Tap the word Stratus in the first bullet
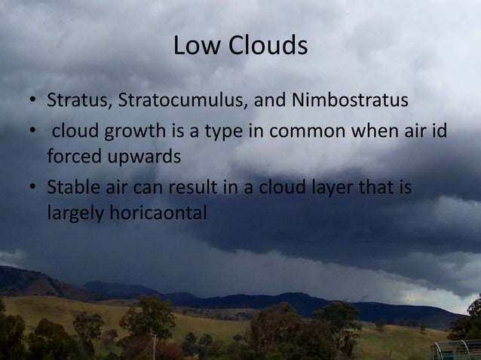(75, 100)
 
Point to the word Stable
(71, 186)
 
